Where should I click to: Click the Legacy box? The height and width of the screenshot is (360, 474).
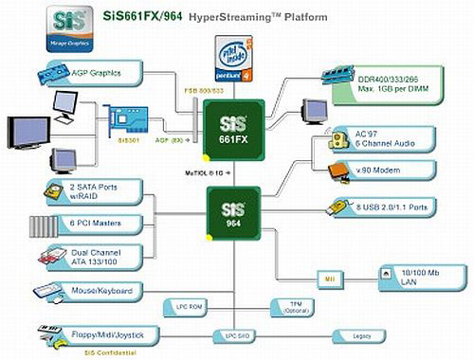363,334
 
